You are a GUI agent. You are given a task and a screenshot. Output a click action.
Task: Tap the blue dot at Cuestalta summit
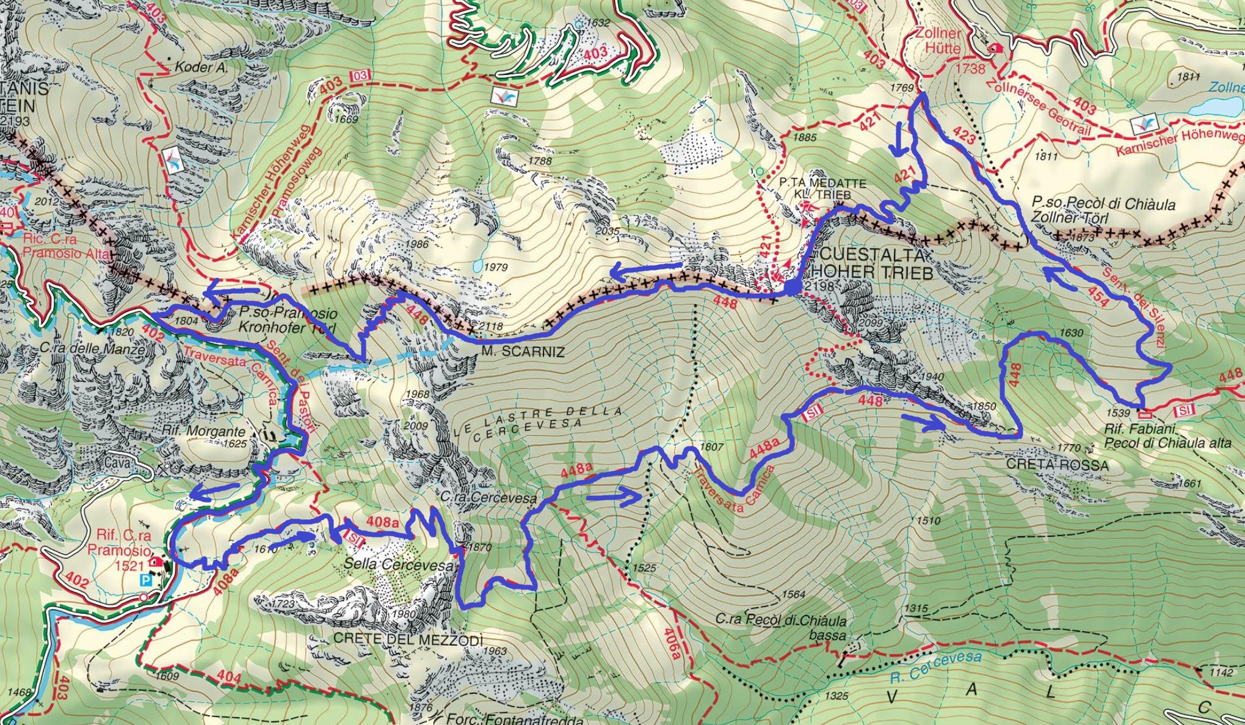791,288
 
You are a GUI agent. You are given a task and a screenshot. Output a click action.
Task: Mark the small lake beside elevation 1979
476,267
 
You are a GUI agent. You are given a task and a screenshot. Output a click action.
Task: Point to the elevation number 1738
970,68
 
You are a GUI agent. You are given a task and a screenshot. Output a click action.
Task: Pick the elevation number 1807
711,446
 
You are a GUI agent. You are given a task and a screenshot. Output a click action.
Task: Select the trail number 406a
673,643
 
